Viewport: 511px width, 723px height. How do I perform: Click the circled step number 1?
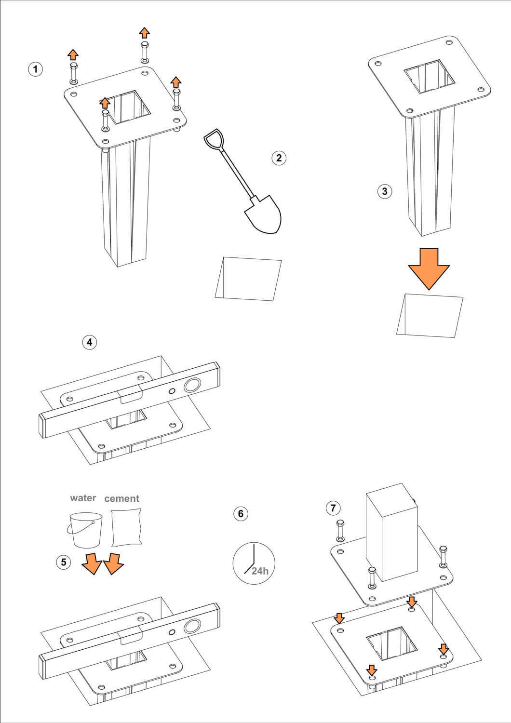coord(35,69)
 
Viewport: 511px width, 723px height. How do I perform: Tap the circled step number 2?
coord(279,158)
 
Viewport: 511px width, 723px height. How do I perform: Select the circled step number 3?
coord(384,191)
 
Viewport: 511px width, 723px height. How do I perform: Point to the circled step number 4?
coord(89,342)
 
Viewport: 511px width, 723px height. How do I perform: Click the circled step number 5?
coord(64,562)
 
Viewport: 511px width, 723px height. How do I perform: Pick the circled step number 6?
coord(241,514)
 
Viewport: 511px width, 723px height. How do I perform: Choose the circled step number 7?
coord(333,508)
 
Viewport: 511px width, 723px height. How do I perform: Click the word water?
coord(83,498)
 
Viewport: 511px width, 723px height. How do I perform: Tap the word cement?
coord(121,498)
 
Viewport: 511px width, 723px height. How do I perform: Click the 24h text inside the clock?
coord(260,571)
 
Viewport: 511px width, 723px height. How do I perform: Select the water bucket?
coord(86,530)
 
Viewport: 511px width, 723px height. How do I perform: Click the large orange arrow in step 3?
coord(429,268)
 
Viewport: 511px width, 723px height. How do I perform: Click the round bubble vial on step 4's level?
coord(192,386)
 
